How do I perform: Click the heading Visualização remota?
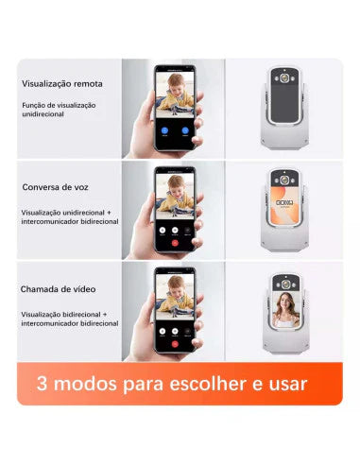[62, 84]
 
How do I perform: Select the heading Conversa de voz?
[55, 187]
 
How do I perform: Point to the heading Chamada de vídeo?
[58, 289]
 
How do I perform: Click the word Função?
[31, 105]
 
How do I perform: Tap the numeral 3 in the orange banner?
[42, 384]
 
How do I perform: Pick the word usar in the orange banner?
[288, 385]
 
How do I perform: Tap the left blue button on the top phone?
[164, 130]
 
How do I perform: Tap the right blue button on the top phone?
[185, 130]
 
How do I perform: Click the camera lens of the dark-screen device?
[284, 77]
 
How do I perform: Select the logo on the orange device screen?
[284, 202]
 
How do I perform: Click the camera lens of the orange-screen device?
[284, 181]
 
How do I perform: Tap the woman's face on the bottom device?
[285, 301]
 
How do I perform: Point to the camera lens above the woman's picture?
[285, 284]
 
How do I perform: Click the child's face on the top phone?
[176, 84]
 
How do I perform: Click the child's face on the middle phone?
[176, 186]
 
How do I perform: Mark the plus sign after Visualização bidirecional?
[105, 314]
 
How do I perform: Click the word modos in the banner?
[85, 384]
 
